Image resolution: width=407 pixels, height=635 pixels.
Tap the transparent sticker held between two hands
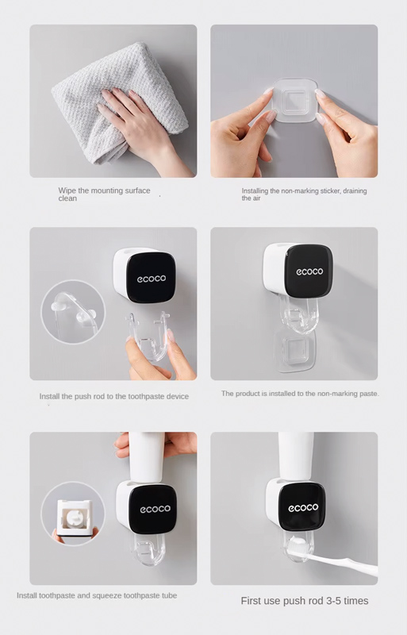pos(295,101)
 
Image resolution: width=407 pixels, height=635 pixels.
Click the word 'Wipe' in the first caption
pos(67,190)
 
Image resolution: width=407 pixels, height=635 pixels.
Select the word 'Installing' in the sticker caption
pos(255,190)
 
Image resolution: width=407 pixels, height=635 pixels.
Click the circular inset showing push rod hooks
pos(73,312)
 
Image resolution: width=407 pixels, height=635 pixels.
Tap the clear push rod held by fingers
pos(148,335)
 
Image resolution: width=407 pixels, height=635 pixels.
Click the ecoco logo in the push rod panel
pos(152,279)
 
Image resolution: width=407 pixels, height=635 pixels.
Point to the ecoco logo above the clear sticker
pos(309,271)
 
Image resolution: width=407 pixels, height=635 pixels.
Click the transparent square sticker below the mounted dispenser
pos(294,350)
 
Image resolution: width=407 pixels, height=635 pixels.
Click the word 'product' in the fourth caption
pos(248,394)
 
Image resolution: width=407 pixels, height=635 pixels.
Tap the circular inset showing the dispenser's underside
pos(73,514)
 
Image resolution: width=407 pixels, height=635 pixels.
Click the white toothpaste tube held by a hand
pos(147,457)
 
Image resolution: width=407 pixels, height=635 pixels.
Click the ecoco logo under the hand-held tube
pos(156,509)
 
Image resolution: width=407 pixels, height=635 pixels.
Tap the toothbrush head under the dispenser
pos(300,545)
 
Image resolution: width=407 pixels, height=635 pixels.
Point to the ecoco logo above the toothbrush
pos(303,507)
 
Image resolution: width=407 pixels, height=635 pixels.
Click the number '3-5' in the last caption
pos(332,601)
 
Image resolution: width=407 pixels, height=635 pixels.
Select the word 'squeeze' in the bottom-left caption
pos(107,596)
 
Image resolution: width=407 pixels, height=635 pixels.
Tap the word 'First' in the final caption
pos(251,601)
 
